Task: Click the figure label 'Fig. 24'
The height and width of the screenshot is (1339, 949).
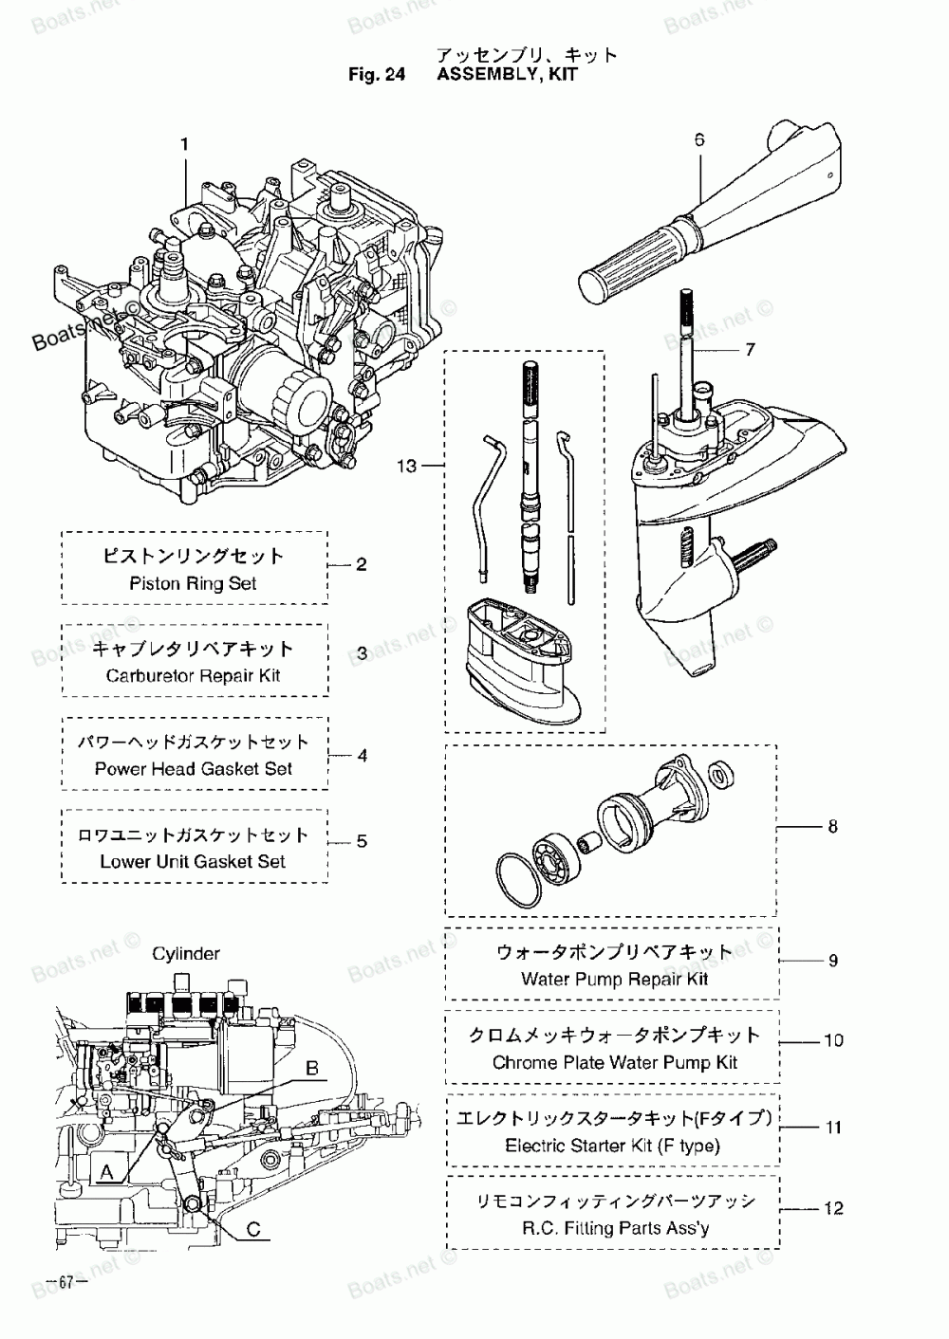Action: pyautogui.click(x=377, y=74)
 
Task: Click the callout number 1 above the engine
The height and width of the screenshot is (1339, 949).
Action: pyautogui.click(x=185, y=144)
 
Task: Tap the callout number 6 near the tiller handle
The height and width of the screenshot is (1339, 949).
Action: pyautogui.click(x=699, y=139)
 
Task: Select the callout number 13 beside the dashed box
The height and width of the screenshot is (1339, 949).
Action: pyautogui.click(x=407, y=466)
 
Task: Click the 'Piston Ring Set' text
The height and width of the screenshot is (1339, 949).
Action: pyautogui.click(x=194, y=583)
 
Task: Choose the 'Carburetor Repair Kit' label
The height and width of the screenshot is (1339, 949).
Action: pyautogui.click(x=194, y=675)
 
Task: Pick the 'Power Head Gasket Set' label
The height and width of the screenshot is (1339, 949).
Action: pyautogui.click(x=194, y=768)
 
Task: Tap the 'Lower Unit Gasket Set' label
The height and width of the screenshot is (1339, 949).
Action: pyautogui.click(x=193, y=861)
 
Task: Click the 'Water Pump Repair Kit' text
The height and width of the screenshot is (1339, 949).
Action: pyautogui.click(x=615, y=980)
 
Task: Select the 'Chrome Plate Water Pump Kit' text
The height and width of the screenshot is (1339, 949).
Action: pyautogui.click(x=615, y=1062)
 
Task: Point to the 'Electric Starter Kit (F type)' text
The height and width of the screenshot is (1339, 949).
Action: pyautogui.click(x=613, y=1146)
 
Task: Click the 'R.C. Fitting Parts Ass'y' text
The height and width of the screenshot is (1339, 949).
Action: pyautogui.click(x=616, y=1228)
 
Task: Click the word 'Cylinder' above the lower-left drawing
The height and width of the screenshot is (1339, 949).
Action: pyautogui.click(x=186, y=953)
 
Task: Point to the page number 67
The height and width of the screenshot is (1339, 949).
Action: pyautogui.click(x=66, y=1282)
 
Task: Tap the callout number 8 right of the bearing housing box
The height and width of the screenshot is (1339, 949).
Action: pyautogui.click(x=832, y=827)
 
